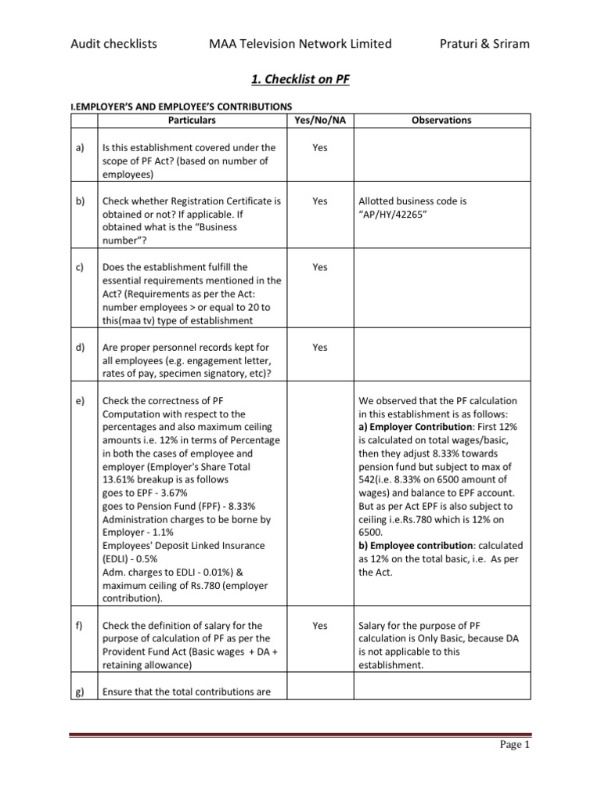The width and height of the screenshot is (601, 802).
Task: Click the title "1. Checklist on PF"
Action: (300, 79)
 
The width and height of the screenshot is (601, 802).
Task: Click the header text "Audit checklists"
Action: (113, 44)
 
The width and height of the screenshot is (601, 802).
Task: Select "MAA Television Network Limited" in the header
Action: (296, 44)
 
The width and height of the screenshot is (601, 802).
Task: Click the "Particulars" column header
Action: (192, 121)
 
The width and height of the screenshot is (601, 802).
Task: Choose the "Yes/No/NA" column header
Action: (319, 121)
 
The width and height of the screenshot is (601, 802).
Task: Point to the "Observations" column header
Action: (441, 121)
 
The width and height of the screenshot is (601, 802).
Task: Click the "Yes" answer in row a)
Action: (319, 147)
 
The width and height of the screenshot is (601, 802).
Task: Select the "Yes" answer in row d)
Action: (319, 348)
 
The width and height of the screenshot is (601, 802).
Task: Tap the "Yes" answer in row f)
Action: (319, 626)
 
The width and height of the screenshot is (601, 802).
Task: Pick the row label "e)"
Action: (80, 401)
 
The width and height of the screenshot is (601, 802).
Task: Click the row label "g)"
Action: (80, 692)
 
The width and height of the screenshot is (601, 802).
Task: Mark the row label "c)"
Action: (80, 267)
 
